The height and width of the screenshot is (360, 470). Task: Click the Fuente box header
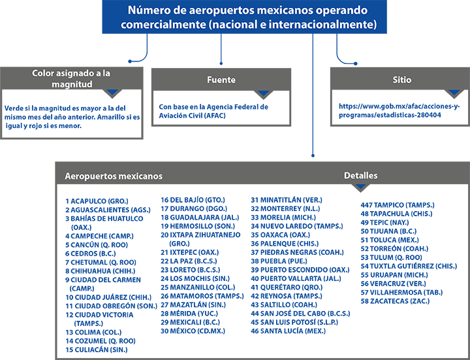[221, 80]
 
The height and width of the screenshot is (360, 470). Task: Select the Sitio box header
[401, 80]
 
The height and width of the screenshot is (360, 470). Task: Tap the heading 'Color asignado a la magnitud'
[71, 78]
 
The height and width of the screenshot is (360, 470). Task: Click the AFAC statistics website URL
[399, 110]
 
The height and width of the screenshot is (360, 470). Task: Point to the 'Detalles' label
[360, 176]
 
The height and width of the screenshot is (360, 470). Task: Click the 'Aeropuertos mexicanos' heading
[114, 176]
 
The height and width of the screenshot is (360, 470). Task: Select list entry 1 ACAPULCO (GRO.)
[97, 201]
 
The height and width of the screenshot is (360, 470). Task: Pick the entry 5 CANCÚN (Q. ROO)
[97, 245]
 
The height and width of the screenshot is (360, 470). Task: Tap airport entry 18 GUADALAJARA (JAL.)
[200, 217]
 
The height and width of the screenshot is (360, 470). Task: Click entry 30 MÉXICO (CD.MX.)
[193, 331]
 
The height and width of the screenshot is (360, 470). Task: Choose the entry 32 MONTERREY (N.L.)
[285, 208]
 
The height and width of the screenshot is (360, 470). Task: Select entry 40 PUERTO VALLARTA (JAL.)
[296, 278]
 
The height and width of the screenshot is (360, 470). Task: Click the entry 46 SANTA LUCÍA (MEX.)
[288, 331]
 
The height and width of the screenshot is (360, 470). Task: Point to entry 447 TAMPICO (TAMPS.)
[398, 205]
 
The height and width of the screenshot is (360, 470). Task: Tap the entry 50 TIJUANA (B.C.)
[388, 231]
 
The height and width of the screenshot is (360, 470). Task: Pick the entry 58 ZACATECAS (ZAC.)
[395, 301]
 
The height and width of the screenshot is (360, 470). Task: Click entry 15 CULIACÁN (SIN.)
[97, 350]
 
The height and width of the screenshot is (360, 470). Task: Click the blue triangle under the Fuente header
[263, 93]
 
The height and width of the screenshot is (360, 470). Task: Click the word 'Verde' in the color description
[13, 108]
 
